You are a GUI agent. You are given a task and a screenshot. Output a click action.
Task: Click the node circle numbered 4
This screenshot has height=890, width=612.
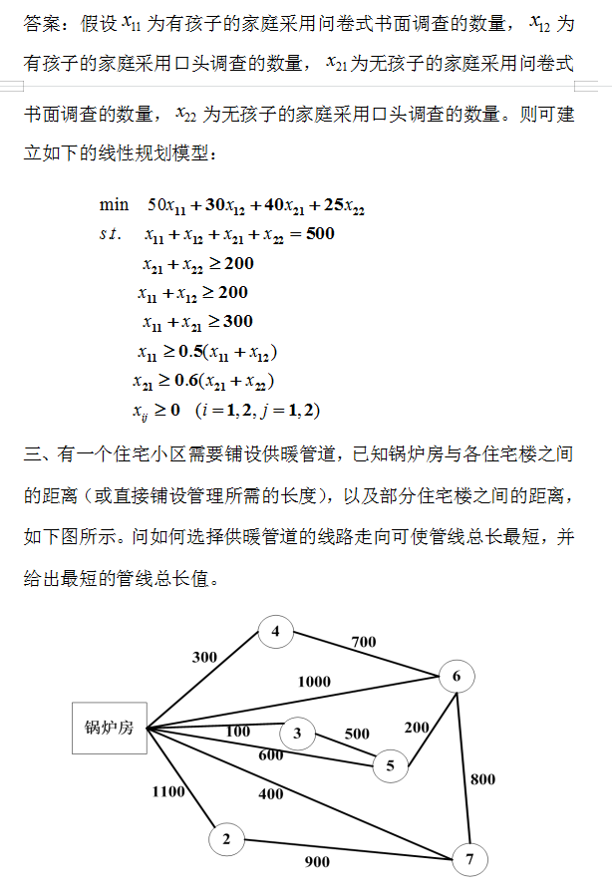tap(276, 631)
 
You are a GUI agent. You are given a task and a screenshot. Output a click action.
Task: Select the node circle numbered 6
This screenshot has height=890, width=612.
tap(457, 678)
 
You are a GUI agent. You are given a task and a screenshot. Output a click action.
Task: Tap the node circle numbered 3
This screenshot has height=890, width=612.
tap(297, 735)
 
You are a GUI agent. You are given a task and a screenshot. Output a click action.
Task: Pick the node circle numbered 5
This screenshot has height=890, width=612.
tap(390, 765)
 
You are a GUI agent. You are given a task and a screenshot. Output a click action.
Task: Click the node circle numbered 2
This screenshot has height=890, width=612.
tap(226, 840)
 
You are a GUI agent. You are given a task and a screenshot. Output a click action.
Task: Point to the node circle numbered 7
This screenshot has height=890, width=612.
tap(468, 857)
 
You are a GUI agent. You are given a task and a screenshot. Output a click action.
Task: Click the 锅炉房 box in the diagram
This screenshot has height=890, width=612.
tap(109, 728)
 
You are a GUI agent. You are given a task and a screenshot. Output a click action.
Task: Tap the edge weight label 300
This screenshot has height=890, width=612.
tap(204, 658)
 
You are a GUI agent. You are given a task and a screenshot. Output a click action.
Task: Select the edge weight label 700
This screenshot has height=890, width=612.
tap(364, 643)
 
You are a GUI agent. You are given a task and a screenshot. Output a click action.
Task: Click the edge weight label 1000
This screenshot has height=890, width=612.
tap(314, 682)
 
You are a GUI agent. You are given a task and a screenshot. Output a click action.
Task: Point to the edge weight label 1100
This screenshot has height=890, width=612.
tap(168, 791)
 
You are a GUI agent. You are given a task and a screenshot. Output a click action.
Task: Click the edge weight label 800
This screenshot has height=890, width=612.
tap(482, 779)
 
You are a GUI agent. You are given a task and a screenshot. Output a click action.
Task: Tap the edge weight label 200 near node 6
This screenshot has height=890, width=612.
tap(417, 727)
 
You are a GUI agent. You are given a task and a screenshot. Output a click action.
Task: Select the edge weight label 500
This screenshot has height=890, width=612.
tap(357, 735)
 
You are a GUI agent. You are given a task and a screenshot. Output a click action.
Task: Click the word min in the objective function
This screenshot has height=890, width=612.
tap(114, 205)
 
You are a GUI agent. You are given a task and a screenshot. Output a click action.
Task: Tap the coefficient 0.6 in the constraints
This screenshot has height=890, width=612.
tap(186, 381)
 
